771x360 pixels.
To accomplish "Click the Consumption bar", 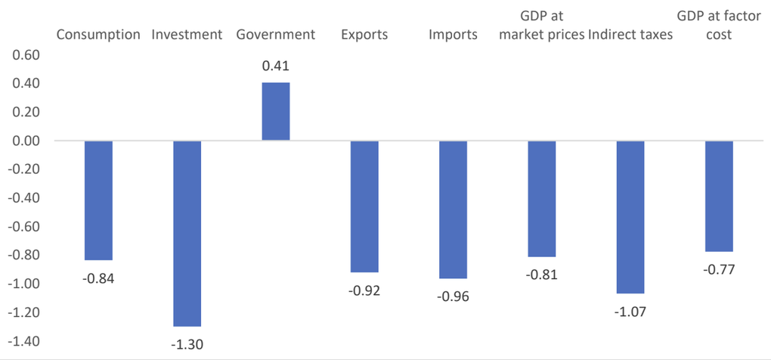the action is pos(98,200).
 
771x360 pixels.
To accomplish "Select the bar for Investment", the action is pos(187,234).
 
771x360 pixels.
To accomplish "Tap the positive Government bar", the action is pos(276,112).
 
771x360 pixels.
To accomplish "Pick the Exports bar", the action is pos(364,206).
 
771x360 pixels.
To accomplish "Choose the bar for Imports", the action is pos(453,209).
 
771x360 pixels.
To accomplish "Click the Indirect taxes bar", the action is pos(630,217).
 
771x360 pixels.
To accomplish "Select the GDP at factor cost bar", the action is pos(719,196).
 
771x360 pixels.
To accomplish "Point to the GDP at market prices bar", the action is pos(542,199).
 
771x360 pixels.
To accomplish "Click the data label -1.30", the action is pos(187,345).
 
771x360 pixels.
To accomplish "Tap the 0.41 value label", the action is pos(276,66).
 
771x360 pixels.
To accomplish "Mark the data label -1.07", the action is pos(630,312).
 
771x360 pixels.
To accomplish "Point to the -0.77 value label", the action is pos(719,269).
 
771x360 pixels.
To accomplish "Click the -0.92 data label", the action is pos(364,290).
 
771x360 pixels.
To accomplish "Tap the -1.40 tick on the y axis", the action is pos(22,341).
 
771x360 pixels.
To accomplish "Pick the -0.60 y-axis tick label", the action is pos(22,227).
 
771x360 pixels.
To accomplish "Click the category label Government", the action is pos(276,35).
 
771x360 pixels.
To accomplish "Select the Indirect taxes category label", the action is pos(630,35).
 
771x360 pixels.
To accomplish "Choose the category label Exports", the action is pos(364,36).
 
